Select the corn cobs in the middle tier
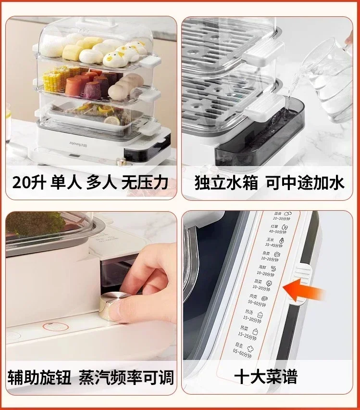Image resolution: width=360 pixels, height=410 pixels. coord(55,80)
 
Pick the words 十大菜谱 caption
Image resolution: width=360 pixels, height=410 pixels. coord(265,376)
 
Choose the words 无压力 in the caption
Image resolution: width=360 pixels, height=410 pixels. coord(150,183)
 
